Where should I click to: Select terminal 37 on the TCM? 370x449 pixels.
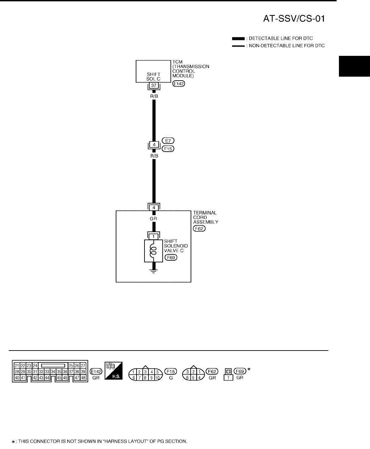click(153, 85)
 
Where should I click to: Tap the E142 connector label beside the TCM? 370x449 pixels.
click(179, 84)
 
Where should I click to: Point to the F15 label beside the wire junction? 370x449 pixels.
click(168, 149)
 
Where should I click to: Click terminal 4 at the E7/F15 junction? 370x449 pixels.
click(154, 144)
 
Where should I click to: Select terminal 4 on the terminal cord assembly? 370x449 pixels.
click(154, 207)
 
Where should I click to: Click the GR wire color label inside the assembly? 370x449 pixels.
click(153, 219)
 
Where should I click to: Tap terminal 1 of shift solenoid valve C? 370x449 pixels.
click(153, 237)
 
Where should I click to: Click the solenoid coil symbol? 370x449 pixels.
click(153, 251)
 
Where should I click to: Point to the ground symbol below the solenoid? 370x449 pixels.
click(153, 272)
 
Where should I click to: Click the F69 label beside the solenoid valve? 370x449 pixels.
click(171, 258)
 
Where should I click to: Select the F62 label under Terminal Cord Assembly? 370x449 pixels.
click(199, 229)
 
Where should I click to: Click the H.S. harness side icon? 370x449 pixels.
click(113, 371)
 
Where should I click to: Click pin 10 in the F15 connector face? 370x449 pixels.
click(157, 378)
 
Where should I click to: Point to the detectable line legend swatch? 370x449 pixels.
click(238, 39)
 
